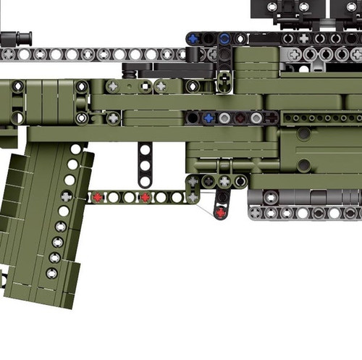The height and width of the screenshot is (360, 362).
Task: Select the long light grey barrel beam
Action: pos(94,54)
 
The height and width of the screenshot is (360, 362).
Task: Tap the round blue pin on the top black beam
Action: pos(224,38)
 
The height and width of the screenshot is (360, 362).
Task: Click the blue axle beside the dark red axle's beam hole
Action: pos(209,117)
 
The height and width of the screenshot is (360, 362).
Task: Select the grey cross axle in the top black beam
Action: pos(303,38)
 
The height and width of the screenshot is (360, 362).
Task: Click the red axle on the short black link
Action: pos(222,212)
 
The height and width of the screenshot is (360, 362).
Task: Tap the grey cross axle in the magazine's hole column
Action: pos(66,196)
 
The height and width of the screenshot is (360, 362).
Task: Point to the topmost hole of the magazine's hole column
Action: pos(75,149)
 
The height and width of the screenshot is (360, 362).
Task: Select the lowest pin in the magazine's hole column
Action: pos(51,273)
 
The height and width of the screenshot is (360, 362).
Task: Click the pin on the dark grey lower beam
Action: pos(271,197)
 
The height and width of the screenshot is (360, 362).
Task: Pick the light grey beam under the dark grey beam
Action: pos(304,213)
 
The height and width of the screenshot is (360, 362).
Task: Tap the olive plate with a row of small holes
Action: pos(319,117)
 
